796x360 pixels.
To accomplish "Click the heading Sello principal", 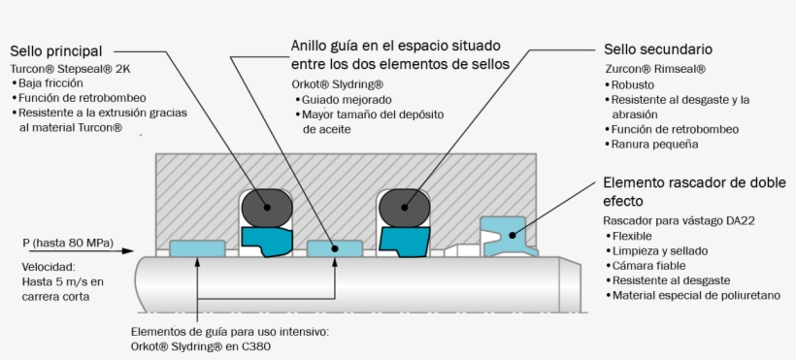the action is pyautogui.click(x=56, y=51).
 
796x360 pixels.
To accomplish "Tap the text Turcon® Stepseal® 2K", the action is pyautogui.click(x=71, y=69).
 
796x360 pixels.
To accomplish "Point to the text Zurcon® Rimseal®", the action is pyautogui.click(x=655, y=69).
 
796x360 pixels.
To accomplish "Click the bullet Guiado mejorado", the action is pyautogui.click(x=344, y=100).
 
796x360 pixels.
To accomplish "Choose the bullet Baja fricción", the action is pyautogui.click(x=47, y=83).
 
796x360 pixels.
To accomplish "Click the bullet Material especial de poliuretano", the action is pyautogui.click(x=693, y=295).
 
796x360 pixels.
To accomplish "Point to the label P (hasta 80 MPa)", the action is pyautogui.click(x=68, y=243).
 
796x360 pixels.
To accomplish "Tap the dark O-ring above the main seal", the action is pyautogui.click(x=267, y=207).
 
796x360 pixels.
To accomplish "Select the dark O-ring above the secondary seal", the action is pyautogui.click(x=405, y=207).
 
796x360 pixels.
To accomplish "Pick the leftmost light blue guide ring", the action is pyautogui.click(x=197, y=248).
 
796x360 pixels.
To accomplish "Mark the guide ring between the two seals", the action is pyautogui.click(x=335, y=248).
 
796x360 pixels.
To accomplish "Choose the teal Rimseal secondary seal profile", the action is pyautogui.click(x=404, y=242).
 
